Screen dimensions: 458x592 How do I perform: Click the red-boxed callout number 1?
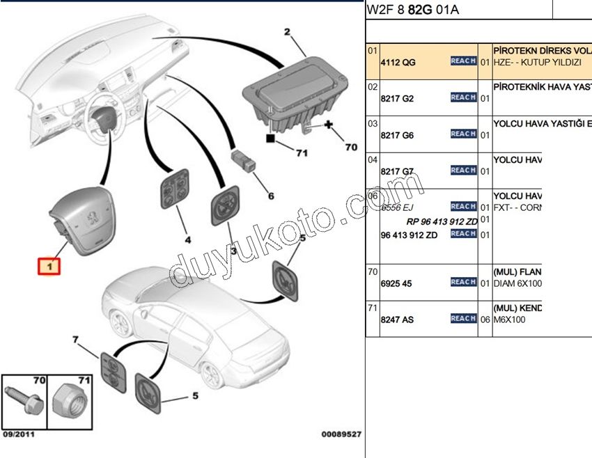(x=49, y=266)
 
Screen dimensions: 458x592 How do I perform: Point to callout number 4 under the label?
(x=187, y=240)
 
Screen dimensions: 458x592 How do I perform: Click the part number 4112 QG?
(x=398, y=62)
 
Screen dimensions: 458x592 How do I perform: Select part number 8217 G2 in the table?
(x=397, y=99)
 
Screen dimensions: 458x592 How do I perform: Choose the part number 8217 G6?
(x=397, y=135)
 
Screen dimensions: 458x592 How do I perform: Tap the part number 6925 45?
(x=397, y=283)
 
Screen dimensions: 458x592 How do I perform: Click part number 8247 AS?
(x=397, y=319)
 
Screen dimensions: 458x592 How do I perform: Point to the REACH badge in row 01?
(x=463, y=61)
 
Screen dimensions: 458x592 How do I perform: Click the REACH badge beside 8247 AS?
(x=463, y=318)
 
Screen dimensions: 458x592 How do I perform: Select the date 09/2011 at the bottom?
(x=19, y=434)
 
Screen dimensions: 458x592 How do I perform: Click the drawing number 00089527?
(x=341, y=434)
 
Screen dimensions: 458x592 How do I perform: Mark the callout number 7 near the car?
(x=76, y=340)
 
